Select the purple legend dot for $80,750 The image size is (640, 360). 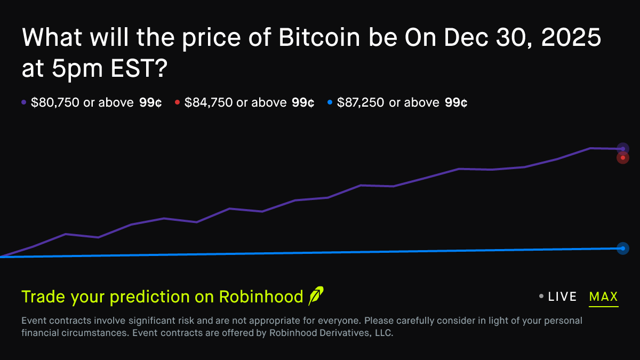pos(23,103)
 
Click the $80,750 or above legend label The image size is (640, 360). pos(82,103)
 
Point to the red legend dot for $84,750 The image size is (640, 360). pos(177,103)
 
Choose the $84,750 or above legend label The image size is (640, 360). pos(235,103)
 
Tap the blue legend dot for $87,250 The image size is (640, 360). pos(330,103)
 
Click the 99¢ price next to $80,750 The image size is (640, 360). pos(150,103)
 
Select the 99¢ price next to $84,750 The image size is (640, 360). pos(303,103)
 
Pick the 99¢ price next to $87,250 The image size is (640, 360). pos(456,103)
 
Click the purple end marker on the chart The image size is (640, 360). pos(623,148)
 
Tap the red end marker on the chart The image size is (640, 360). pos(623,158)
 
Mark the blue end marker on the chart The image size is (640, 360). pos(623,248)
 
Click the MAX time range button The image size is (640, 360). pos(603,297)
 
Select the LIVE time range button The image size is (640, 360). pos(562,297)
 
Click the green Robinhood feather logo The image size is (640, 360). pos(316,296)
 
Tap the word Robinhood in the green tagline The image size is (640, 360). pos(261,297)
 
